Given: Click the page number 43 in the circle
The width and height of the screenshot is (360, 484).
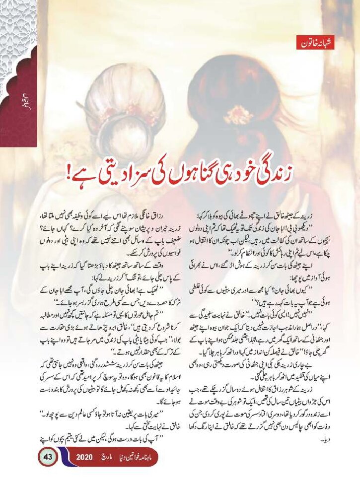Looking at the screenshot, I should (48, 457).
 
